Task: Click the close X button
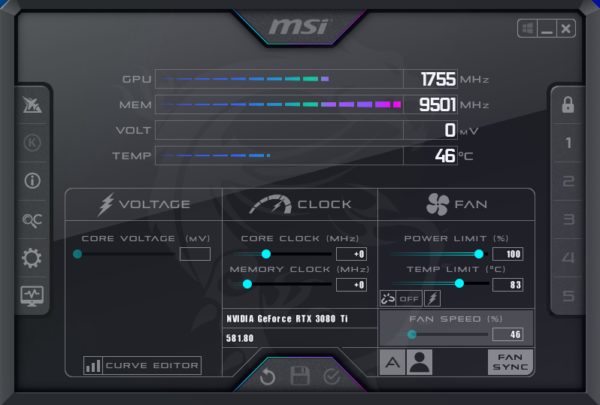click(566, 29)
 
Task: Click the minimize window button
click(547, 29)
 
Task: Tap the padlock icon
click(568, 105)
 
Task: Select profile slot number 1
click(569, 143)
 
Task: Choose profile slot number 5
click(569, 296)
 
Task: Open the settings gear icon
click(32, 258)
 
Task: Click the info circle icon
click(32, 181)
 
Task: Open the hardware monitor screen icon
click(32, 296)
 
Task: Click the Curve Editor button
click(142, 365)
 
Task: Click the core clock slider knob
click(266, 254)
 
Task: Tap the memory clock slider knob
click(247, 284)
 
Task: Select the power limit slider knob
click(479, 254)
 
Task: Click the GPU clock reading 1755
click(438, 79)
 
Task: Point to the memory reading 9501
click(437, 105)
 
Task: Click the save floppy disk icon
click(300, 376)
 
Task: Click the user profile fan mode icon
click(420, 362)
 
